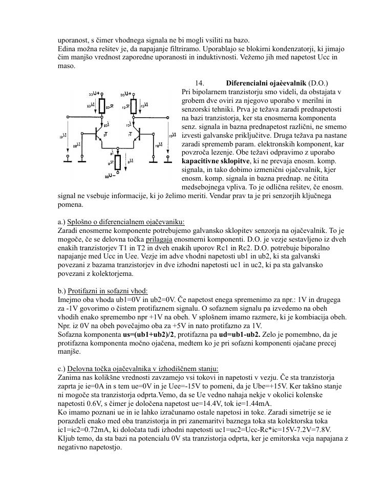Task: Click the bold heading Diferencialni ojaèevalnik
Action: (266, 83)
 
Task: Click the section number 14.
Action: (200, 83)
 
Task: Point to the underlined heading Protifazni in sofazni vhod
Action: (108, 291)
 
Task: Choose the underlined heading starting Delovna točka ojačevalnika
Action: (143, 369)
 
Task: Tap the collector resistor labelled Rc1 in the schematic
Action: (133, 106)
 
